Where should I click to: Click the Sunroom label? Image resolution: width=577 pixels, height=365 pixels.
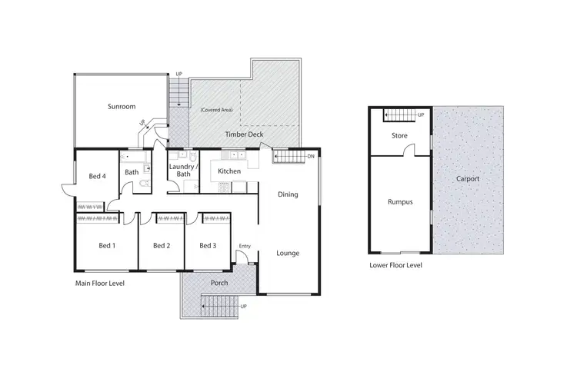122,107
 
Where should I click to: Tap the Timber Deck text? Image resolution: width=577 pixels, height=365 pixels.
245,134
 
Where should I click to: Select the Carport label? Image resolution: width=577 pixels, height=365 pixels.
467,179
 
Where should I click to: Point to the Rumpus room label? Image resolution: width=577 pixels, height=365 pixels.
401,202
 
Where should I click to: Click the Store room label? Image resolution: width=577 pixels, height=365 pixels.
399,136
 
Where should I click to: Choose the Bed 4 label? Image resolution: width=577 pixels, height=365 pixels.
96,175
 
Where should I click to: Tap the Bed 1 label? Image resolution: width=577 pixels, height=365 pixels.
107,246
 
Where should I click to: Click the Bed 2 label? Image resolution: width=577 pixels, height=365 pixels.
161,246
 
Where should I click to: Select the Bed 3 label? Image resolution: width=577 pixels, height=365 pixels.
207,246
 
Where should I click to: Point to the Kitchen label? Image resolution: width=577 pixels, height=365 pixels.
230,171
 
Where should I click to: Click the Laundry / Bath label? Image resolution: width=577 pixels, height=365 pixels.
184,170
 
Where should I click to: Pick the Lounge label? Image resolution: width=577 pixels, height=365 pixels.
288,253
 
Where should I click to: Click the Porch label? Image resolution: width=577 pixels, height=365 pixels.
218,282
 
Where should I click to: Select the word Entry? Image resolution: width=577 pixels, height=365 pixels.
245,246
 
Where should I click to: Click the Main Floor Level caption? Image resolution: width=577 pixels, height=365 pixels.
99,284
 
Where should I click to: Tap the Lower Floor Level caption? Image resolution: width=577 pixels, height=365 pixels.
395,265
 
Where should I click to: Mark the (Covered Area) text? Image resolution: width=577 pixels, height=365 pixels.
216,110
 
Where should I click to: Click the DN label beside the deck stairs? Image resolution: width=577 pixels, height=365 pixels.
310,157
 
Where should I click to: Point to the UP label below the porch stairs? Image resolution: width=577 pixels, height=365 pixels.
244,307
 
